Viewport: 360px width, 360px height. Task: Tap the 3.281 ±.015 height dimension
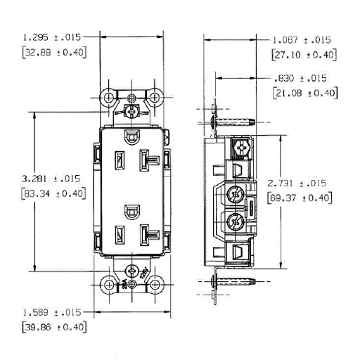44,179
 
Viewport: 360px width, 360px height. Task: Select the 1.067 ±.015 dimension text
302,40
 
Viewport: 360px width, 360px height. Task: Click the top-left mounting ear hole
110,96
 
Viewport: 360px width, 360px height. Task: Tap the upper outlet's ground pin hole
132,135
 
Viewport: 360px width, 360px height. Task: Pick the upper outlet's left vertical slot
117,160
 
